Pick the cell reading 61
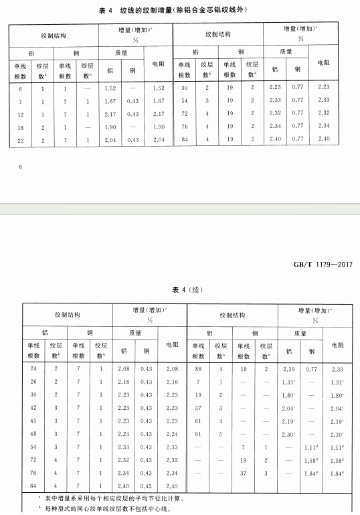coord(198,420)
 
